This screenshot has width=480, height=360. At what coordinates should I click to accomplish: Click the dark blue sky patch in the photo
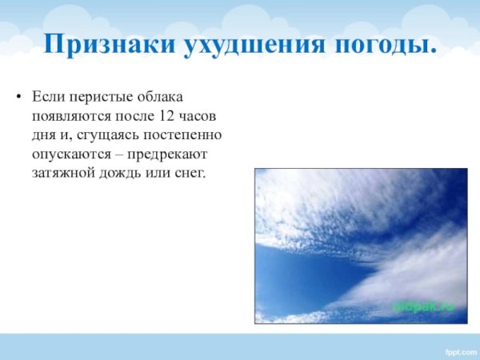point(304,276)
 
